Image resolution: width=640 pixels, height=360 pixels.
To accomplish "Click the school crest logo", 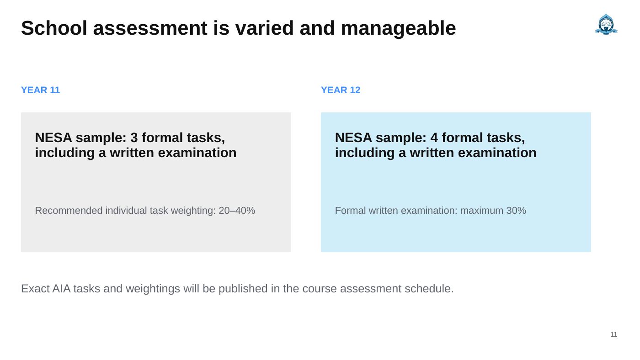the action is (606, 24).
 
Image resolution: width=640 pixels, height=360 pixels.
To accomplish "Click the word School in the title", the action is (54, 28).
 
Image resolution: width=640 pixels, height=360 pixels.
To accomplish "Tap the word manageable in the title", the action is (398, 28).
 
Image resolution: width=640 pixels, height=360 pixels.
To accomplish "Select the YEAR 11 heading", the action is (41, 90).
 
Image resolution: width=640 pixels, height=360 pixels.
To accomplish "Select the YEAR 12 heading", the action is (341, 90).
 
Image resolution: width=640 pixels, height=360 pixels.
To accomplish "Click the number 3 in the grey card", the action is (134, 138).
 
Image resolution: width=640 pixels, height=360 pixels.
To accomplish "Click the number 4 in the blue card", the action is (434, 138).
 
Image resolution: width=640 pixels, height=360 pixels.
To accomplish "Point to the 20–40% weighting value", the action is (237, 211).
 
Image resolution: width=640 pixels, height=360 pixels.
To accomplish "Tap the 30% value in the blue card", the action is (516, 211).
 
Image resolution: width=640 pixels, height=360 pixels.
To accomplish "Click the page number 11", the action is (613, 334).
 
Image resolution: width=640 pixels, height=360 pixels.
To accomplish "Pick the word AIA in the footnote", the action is (61, 289).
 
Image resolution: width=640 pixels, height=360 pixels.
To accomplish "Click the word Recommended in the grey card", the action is (69, 211).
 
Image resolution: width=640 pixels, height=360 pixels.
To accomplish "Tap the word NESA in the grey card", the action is (53, 138).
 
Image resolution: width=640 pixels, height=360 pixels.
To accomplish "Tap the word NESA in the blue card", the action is (353, 138).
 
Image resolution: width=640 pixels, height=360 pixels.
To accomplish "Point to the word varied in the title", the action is (264, 28).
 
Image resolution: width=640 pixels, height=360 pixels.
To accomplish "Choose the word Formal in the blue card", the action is (350, 211).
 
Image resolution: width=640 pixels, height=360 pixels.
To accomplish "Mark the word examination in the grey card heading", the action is (197, 153).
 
